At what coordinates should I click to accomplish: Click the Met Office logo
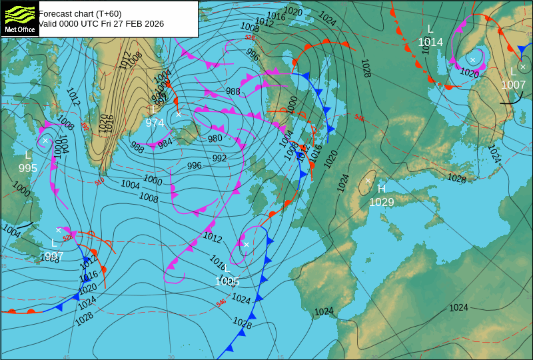click(20, 18)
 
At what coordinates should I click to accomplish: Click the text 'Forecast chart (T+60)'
click(80, 13)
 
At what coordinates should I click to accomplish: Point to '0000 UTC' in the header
click(71, 24)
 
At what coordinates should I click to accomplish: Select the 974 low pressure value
click(155, 123)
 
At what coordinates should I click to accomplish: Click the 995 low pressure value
click(28, 168)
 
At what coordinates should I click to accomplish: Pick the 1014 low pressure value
click(430, 42)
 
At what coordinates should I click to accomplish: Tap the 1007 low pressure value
click(513, 85)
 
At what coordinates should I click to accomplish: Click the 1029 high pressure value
click(382, 202)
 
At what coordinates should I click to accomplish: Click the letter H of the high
click(382, 189)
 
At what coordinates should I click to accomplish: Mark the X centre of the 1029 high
click(368, 181)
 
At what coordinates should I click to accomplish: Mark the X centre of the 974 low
click(179, 114)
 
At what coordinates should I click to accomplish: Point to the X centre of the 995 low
click(45, 141)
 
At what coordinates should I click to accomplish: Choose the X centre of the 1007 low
click(523, 67)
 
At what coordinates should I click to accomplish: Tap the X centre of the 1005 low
click(246, 245)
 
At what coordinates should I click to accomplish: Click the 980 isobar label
click(215, 139)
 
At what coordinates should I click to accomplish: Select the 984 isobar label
click(165, 141)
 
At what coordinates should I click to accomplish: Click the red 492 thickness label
click(85, 125)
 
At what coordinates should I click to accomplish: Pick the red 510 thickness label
click(99, 182)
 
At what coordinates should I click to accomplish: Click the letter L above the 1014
click(430, 29)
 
